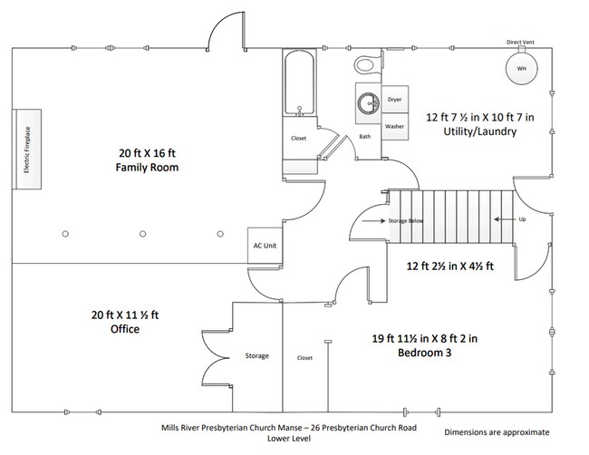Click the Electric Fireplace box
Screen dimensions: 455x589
click(x=27, y=150)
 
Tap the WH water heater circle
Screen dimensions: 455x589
click(x=521, y=69)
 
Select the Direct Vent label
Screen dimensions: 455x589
click(x=521, y=42)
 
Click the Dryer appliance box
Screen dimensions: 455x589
click(x=394, y=100)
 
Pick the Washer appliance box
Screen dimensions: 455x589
click(x=394, y=127)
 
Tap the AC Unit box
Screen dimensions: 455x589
click(x=262, y=246)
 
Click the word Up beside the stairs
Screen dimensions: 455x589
click(x=521, y=220)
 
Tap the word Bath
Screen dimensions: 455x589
click(x=365, y=137)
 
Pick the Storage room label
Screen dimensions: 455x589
click(x=256, y=355)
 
